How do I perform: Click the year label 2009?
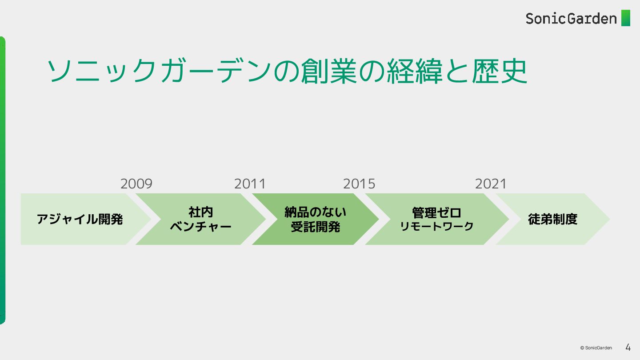(x=136, y=184)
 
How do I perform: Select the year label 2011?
(x=250, y=184)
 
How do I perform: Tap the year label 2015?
(x=359, y=184)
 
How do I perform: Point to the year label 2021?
(x=491, y=184)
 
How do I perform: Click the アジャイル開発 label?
(x=80, y=219)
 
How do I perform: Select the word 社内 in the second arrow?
(x=200, y=212)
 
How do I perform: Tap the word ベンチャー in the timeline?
(x=201, y=227)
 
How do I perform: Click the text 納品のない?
(x=315, y=212)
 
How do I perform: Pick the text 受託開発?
(x=315, y=227)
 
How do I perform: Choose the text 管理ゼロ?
(x=436, y=212)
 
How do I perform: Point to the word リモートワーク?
(x=436, y=227)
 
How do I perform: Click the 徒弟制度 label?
(x=552, y=219)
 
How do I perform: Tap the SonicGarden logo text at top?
(x=571, y=18)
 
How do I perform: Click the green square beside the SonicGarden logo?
(x=626, y=18)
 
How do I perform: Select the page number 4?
(x=628, y=347)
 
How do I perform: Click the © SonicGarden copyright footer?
(x=596, y=348)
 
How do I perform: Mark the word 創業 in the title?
(x=329, y=71)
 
